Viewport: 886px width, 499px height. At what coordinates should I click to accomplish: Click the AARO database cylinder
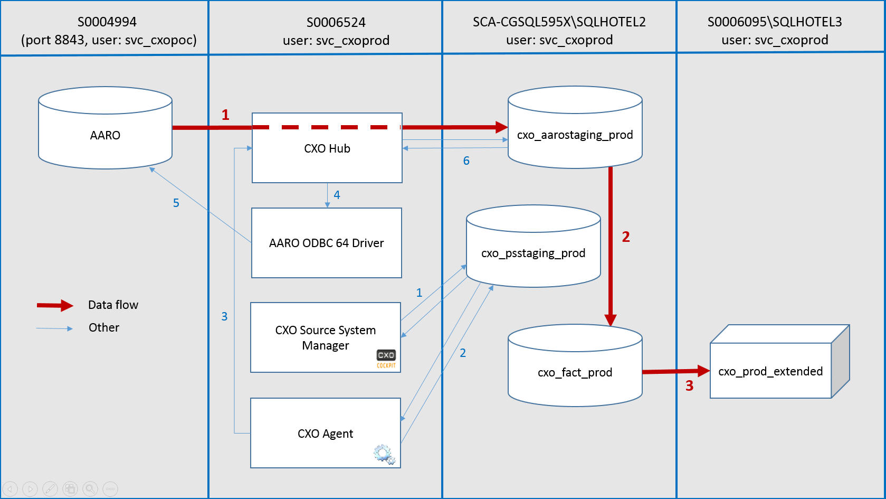[105, 128]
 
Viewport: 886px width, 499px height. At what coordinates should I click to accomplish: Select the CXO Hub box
[327, 148]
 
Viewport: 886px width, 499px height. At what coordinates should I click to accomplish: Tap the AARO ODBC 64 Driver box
[327, 243]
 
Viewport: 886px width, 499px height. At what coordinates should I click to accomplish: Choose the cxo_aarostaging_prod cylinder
[575, 127]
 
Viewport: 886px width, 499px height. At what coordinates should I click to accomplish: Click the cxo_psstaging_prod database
[533, 246]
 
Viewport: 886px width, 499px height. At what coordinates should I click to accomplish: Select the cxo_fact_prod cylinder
[575, 365]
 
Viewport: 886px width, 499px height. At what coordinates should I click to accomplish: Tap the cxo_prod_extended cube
[779, 361]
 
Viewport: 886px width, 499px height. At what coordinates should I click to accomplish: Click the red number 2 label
[626, 237]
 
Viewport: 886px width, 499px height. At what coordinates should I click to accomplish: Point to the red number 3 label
[689, 385]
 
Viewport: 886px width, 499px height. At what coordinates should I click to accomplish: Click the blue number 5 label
[176, 203]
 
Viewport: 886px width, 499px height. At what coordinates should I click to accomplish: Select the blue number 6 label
[466, 161]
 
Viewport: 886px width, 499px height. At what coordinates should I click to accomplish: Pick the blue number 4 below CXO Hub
[337, 195]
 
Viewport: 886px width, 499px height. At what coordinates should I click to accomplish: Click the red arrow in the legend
[55, 305]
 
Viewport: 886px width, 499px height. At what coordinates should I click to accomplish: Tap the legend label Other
[103, 328]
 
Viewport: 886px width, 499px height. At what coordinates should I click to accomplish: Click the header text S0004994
[107, 22]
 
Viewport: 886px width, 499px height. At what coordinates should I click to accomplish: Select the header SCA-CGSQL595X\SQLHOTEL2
[559, 22]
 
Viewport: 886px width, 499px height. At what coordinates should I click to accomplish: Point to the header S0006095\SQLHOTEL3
[775, 22]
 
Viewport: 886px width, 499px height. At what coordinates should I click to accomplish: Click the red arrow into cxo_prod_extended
[676, 371]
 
